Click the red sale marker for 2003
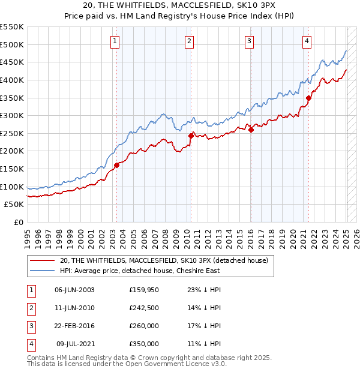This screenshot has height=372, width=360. (116, 166)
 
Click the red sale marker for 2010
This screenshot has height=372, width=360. (191, 136)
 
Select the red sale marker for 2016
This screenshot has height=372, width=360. (251, 130)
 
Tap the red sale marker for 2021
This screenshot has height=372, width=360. (308, 98)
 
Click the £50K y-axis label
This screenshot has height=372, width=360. (14, 205)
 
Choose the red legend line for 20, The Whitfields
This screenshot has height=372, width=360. (43, 260)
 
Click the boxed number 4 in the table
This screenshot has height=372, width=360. (29, 344)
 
